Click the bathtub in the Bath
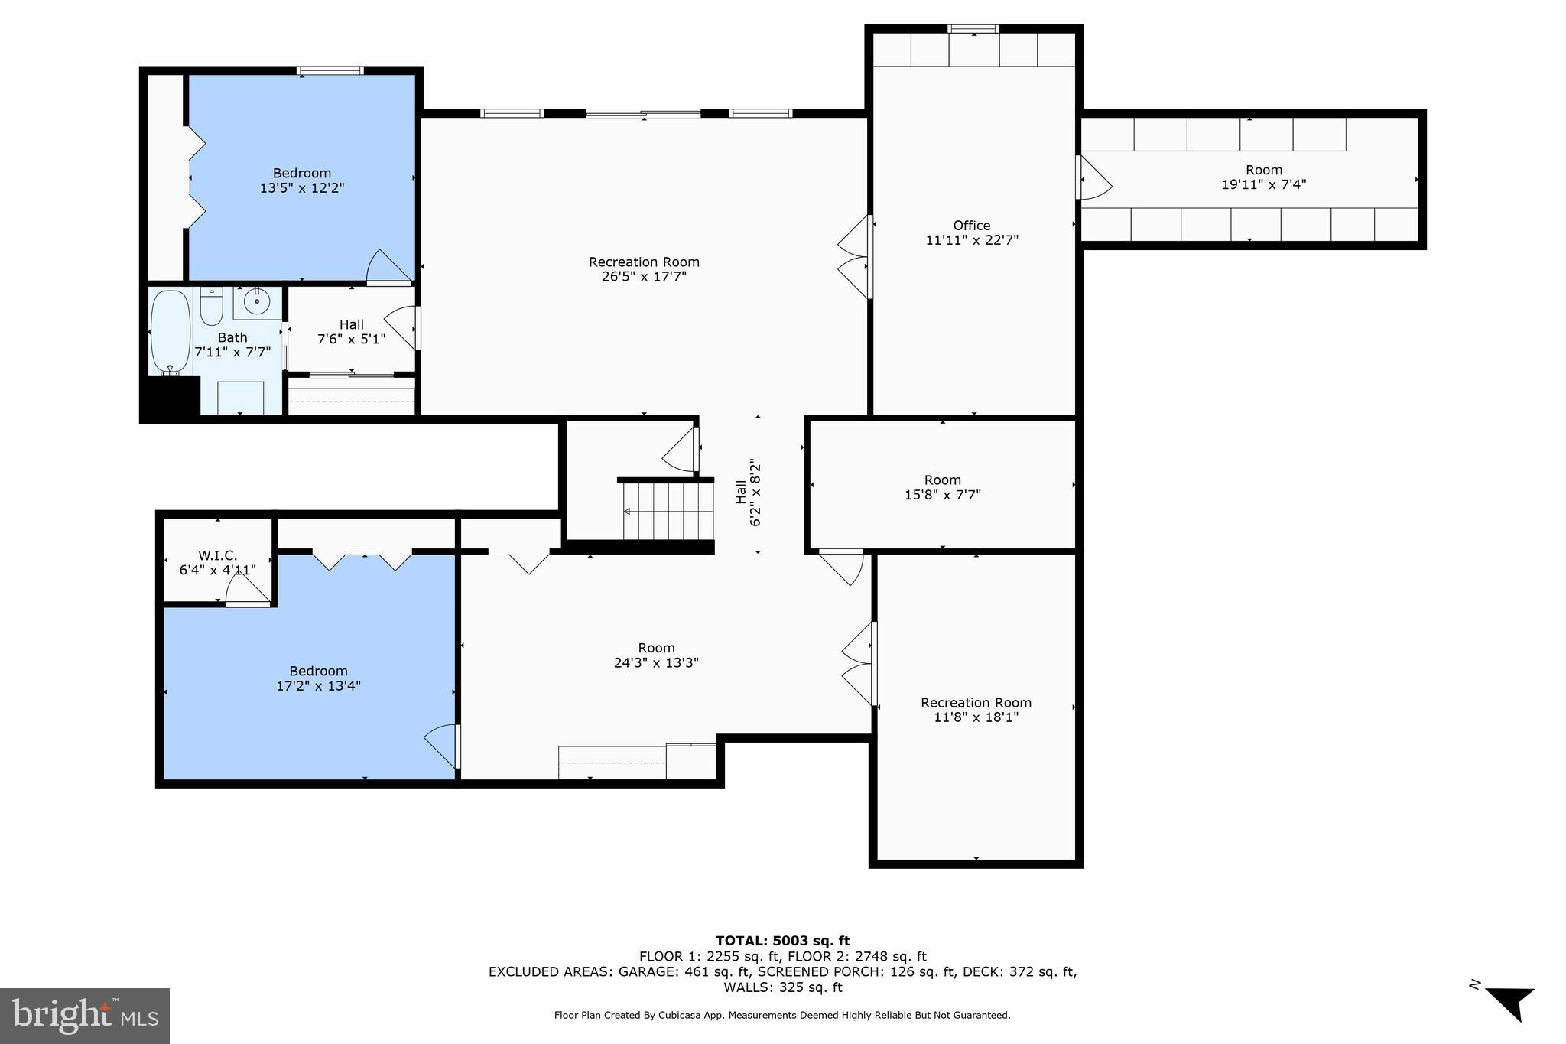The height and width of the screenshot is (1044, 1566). pyautogui.click(x=170, y=331)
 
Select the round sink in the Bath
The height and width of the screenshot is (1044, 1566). pyautogui.click(x=257, y=302)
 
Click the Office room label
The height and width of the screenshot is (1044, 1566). pyautogui.click(x=972, y=226)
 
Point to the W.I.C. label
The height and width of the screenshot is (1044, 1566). pyautogui.click(x=218, y=555)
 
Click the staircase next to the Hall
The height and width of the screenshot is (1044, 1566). pyautogui.click(x=668, y=511)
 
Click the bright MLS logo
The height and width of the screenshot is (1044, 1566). pyautogui.click(x=85, y=1015)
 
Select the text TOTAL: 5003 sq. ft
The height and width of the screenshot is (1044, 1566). pyautogui.click(x=782, y=941)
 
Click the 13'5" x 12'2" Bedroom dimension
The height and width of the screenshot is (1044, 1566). pyautogui.click(x=302, y=187)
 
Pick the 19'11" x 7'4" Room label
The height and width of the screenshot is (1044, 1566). pyautogui.click(x=1264, y=177)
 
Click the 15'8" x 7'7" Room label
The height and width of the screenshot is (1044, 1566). pyautogui.click(x=942, y=487)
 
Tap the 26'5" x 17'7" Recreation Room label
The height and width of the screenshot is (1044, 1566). pyautogui.click(x=644, y=269)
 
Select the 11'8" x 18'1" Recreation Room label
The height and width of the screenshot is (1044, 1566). pyautogui.click(x=976, y=710)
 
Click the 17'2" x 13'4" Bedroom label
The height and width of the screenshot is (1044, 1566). pyautogui.click(x=318, y=678)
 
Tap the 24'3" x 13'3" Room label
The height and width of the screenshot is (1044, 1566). pyautogui.click(x=656, y=655)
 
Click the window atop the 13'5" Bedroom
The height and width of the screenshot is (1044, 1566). pyautogui.click(x=330, y=71)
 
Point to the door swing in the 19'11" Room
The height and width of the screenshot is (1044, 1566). pyautogui.click(x=1094, y=180)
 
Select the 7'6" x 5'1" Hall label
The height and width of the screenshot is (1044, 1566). pyautogui.click(x=351, y=331)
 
